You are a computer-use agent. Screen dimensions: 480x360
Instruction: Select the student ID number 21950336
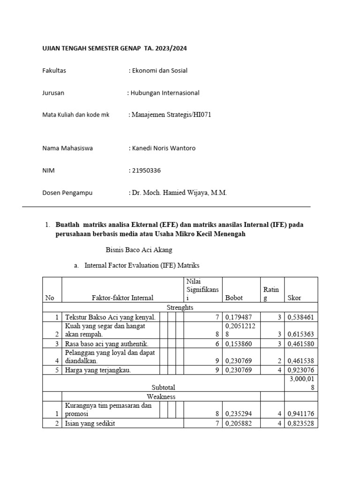[146, 171]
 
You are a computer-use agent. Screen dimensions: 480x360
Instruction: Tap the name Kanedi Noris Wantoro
[163, 148]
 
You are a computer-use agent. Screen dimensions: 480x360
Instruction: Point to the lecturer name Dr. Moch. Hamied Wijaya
[179, 193]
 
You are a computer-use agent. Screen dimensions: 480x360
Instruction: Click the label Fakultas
[54, 71]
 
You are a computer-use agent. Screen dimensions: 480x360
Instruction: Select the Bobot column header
[234, 298]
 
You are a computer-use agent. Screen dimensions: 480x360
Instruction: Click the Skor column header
[294, 298]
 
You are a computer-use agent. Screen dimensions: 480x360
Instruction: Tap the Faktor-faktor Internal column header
[122, 298]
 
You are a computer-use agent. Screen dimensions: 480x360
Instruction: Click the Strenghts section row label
[180, 307]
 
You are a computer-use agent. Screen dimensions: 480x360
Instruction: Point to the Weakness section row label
[161, 397]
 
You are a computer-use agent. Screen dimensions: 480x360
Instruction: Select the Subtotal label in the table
[163, 388]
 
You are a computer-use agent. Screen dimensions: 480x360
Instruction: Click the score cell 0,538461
[301, 317]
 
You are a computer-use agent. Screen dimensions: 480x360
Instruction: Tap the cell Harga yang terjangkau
[98, 370]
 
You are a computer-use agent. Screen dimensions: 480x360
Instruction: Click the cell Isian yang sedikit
[90, 423]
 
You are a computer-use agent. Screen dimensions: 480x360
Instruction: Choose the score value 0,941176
[301, 414]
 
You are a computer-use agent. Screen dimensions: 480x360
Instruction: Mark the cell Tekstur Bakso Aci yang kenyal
[110, 317]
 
